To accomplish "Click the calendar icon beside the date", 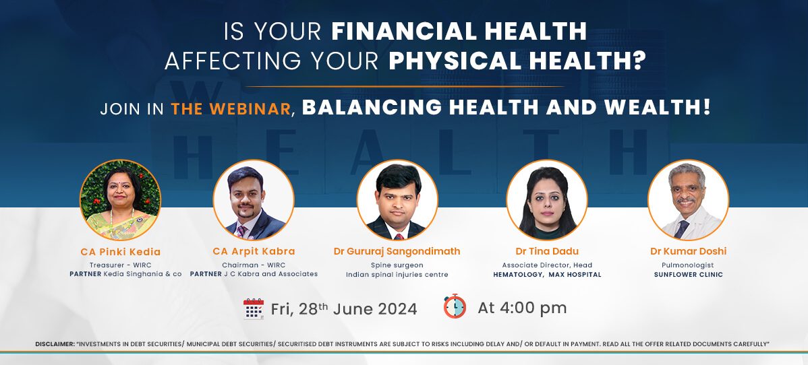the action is tap(254, 309).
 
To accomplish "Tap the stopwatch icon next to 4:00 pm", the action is tap(455, 306).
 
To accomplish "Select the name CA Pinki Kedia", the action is tap(121, 252).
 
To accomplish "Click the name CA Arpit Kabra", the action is tap(254, 251).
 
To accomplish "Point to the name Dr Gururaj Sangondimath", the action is tap(397, 251).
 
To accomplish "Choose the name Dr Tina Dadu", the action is tap(547, 251).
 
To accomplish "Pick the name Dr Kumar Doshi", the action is tap(689, 251).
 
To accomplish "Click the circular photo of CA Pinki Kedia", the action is tap(120, 200).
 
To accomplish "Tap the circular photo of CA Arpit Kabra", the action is tap(254, 200).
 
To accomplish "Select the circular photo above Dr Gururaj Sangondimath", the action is tap(397, 200).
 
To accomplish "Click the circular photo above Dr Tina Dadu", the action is tap(547, 200).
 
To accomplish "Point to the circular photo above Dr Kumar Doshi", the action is tap(689, 200).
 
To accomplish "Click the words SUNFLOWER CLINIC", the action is tap(689, 274).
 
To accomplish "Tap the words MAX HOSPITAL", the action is tap(575, 274).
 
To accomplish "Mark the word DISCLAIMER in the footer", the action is tap(55, 343).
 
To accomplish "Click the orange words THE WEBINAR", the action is tap(231, 108).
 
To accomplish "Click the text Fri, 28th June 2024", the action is tap(344, 308).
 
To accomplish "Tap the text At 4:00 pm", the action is tap(522, 308).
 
